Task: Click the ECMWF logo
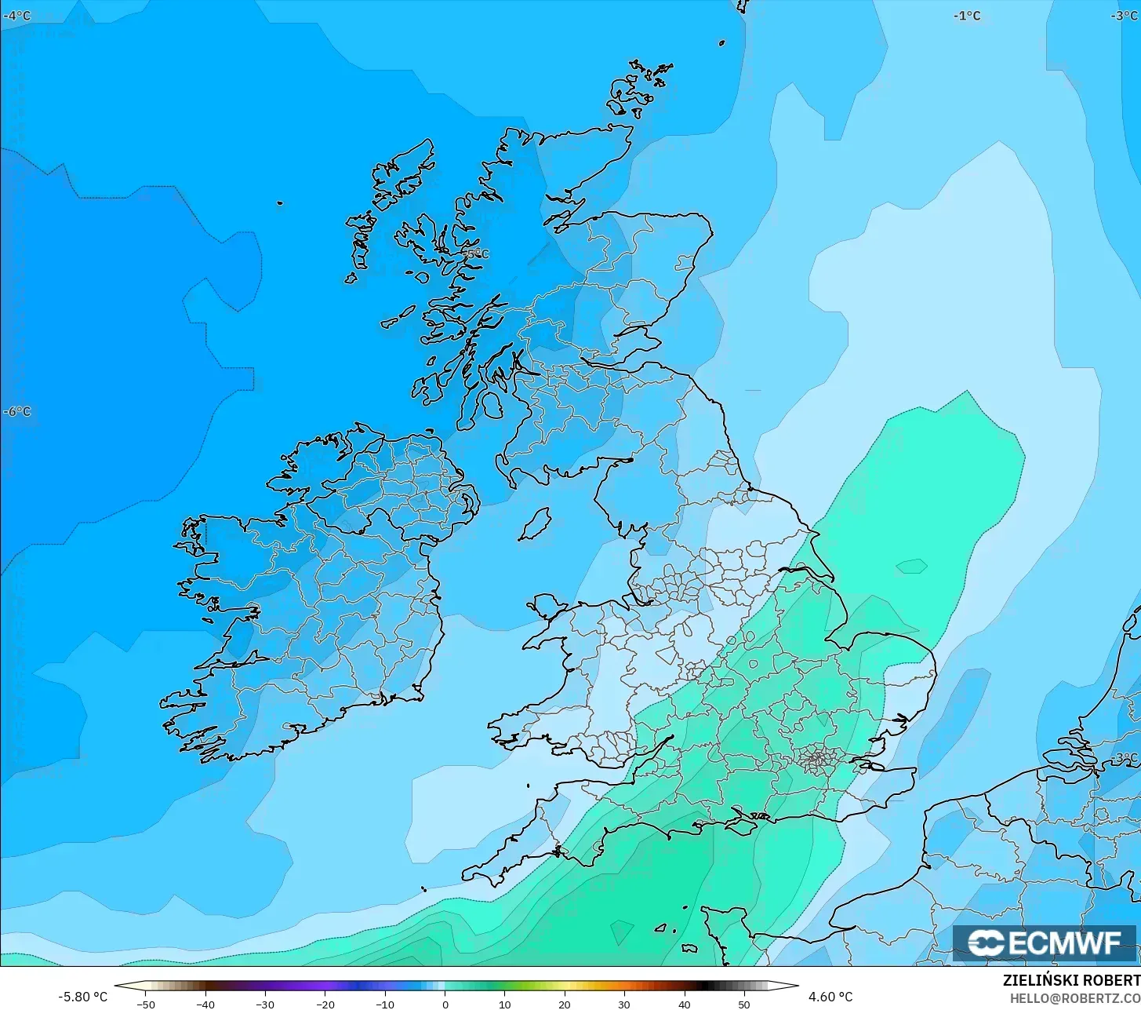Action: pos(1044,943)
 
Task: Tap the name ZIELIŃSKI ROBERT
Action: pos(1071,981)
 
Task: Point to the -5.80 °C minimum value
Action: pos(82,997)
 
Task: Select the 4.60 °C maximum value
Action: pos(830,997)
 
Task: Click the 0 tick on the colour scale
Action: pos(445,1004)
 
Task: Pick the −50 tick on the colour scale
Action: pos(145,1004)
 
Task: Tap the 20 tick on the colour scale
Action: pos(564,1004)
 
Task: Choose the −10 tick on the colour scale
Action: pos(384,1004)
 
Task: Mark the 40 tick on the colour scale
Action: pos(684,1004)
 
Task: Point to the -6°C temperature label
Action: pos(17,412)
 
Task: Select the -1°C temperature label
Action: pos(967,16)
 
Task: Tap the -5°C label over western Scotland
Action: pos(474,253)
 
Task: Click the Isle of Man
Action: pos(536,523)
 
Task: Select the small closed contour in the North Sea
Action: pos(911,566)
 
